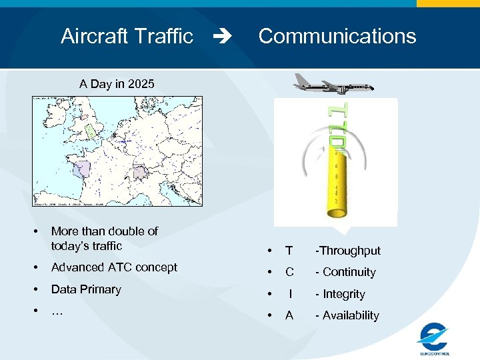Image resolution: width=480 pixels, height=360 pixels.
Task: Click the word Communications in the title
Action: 337,36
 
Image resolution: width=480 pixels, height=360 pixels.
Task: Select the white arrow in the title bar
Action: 227,37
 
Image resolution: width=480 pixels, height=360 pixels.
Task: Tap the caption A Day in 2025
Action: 117,84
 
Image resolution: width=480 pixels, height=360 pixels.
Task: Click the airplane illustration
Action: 333,84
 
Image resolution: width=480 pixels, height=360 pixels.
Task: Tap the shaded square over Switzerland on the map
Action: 141,172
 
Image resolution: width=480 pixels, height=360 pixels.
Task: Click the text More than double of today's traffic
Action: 104,239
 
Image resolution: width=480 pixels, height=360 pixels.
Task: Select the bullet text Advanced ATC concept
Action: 114,267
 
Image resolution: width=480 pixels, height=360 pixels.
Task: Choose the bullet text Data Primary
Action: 86,289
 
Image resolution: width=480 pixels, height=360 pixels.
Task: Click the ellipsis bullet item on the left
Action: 57,310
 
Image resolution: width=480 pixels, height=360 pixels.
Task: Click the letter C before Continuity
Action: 289,272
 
